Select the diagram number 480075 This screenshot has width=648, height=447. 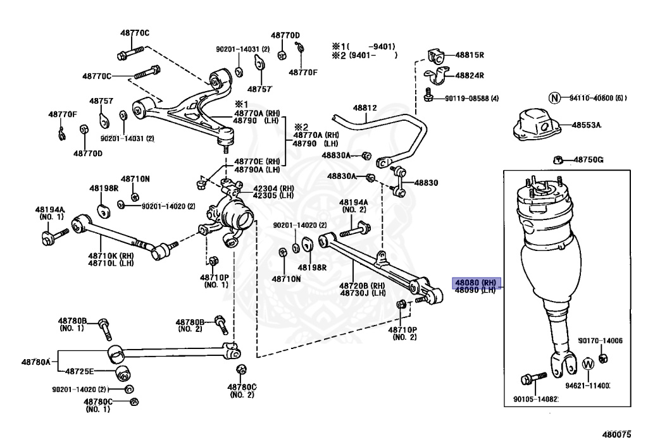(616, 435)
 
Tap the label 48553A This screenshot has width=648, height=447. (587, 125)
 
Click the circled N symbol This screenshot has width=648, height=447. (554, 97)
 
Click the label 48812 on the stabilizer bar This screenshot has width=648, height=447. (365, 108)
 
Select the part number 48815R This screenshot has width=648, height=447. (469, 55)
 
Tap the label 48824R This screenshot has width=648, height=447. (469, 75)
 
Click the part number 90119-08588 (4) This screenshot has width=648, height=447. (471, 98)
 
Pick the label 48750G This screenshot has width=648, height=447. (589, 160)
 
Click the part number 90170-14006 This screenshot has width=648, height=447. (601, 341)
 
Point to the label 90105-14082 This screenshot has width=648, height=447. (536, 399)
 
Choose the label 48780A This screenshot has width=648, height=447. (35, 362)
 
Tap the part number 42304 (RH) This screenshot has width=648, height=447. (273, 188)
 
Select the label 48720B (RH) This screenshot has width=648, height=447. (363, 285)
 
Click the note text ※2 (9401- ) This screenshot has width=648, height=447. (364, 55)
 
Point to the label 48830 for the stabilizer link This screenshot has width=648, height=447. (426, 183)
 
